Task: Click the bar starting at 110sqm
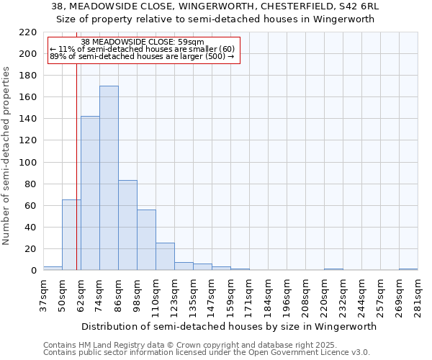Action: click(x=165, y=256)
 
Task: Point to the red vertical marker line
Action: click(x=76, y=180)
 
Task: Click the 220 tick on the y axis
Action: click(x=28, y=32)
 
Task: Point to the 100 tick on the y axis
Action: click(x=28, y=163)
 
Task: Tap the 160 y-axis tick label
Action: click(x=28, y=97)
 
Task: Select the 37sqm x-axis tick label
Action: click(x=43, y=295)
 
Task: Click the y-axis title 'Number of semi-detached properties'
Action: click(x=8, y=156)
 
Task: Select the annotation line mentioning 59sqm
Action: click(x=143, y=42)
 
